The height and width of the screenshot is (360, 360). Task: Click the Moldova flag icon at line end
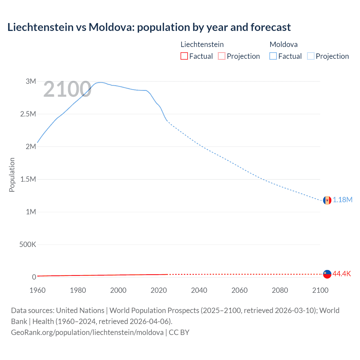327,200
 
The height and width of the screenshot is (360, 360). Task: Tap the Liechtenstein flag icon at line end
327,274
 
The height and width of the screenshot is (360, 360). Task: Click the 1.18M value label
343,200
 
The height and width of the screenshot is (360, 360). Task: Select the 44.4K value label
342,274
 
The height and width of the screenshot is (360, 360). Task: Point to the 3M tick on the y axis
31,82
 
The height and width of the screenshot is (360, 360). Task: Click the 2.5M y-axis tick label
28,114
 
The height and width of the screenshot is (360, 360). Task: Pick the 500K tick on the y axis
28,245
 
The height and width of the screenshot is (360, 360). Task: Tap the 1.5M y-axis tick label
28,179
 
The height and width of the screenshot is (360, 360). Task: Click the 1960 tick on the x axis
37,291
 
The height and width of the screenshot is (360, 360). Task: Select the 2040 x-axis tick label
199,291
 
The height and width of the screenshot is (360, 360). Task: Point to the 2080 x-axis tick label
280,291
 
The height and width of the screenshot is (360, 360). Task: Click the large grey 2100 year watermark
67,89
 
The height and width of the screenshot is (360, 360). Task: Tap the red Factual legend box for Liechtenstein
184,56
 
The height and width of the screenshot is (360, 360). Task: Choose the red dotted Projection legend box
222,56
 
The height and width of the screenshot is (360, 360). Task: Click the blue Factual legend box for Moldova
273,56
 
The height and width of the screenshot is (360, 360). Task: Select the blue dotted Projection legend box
311,56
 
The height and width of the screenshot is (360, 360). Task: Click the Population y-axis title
12,175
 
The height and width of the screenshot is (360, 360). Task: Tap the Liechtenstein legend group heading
202,44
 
